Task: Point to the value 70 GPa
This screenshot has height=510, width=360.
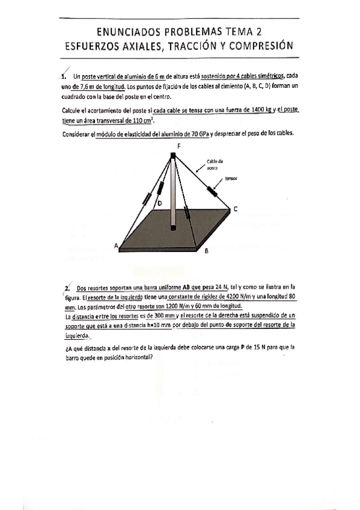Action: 195,134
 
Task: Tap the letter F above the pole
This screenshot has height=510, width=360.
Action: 178,146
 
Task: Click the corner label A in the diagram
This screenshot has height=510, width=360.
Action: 117,245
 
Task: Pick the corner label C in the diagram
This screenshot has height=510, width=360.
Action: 236,209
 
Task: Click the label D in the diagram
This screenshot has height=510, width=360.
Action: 159,204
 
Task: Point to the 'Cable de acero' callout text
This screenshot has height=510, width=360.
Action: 215,165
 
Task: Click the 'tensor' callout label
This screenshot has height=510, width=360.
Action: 231,179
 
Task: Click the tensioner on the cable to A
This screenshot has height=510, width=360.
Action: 145,200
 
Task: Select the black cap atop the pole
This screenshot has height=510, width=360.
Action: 173,156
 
